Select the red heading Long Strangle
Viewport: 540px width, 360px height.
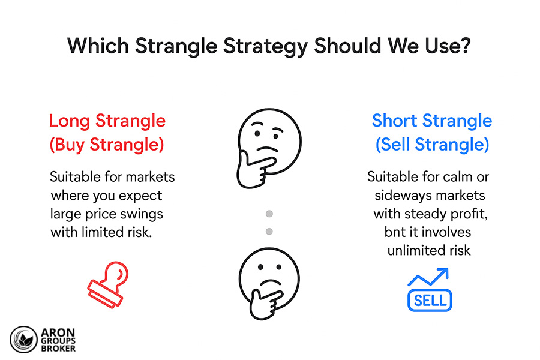tap(107, 121)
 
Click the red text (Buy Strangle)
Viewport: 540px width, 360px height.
tap(107, 145)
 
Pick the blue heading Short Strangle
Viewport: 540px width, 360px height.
tap(432, 121)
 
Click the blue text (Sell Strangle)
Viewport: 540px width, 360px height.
tap(432, 145)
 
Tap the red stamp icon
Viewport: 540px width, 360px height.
tap(109, 283)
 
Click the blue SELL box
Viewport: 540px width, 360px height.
tap(429, 300)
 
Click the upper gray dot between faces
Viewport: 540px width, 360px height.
tap(269, 214)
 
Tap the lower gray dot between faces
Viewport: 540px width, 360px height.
tap(269, 231)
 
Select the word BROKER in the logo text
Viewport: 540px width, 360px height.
tap(59, 349)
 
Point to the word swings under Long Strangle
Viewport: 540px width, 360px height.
tap(144, 214)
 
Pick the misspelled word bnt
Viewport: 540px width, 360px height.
tap(396, 232)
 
